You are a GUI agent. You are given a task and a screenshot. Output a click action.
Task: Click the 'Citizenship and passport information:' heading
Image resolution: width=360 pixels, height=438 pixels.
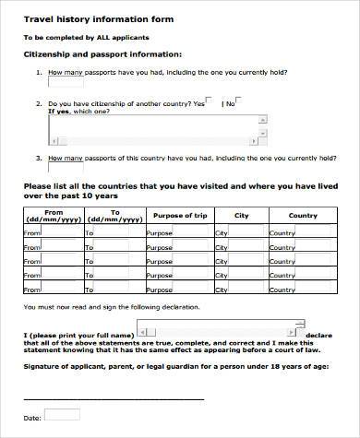(x=102, y=54)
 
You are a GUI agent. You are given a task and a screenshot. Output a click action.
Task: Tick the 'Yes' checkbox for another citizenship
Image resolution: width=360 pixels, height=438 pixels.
(x=210, y=102)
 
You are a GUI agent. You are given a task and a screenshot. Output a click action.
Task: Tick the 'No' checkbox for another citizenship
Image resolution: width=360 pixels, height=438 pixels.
(x=240, y=102)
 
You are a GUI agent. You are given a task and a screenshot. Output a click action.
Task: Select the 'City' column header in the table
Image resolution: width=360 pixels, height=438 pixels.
(x=241, y=216)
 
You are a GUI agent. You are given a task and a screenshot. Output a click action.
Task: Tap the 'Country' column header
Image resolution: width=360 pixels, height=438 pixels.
(x=303, y=216)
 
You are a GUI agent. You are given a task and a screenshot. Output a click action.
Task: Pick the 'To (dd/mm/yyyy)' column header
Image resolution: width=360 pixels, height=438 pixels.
(x=115, y=216)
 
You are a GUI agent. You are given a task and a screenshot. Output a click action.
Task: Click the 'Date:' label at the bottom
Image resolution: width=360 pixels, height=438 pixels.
(x=31, y=418)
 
